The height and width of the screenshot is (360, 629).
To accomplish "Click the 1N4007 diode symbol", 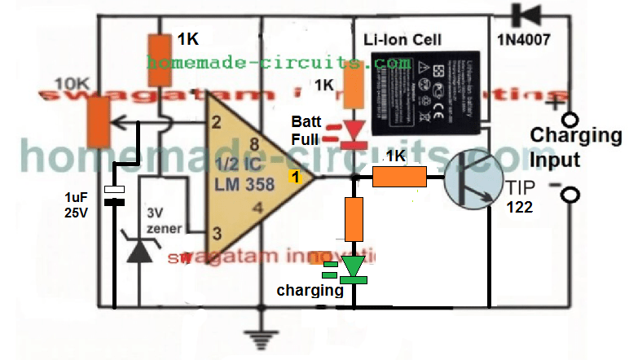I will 522,14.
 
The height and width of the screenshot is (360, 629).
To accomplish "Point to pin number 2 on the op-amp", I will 216,124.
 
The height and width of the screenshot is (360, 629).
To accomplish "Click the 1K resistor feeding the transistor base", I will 399,177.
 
